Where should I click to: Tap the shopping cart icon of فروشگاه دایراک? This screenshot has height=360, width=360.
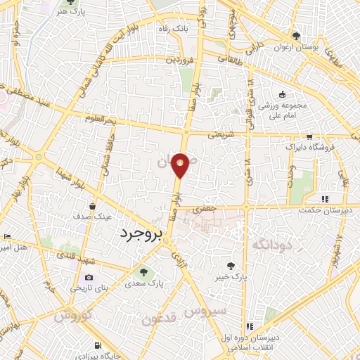pos(309,138)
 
